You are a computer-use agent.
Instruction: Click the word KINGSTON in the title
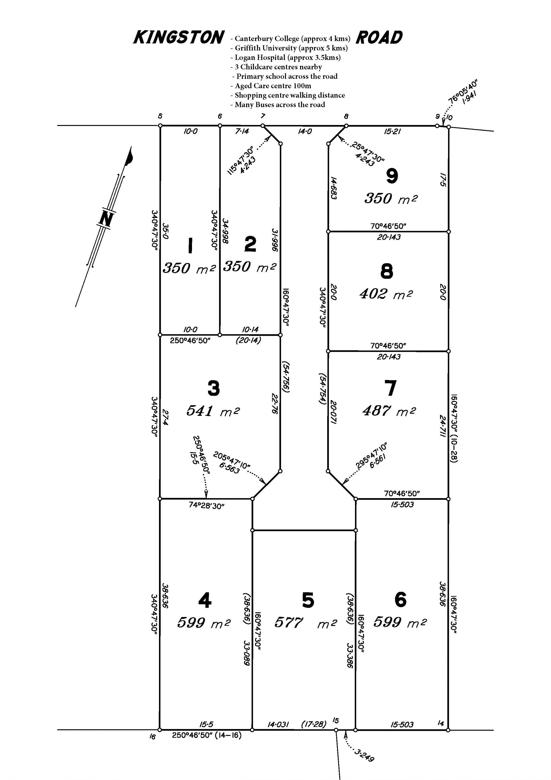pyautogui.click(x=179, y=37)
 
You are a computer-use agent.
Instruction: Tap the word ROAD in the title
pyautogui.click(x=379, y=37)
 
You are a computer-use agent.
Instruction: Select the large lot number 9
pyautogui.click(x=392, y=176)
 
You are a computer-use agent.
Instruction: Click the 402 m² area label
pyautogui.click(x=386, y=294)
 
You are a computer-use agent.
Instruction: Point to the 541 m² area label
pyautogui.click(x=213, y=411)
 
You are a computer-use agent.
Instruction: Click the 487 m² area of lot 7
pyautogui.click(x=389, y=411)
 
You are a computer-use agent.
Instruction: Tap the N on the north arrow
pyautogui.click(x=106, y=218)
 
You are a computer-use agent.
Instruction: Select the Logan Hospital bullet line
pyautogui.click(x=285, y=57)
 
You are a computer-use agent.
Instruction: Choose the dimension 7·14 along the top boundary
pyautogui.click(x=242, y=131)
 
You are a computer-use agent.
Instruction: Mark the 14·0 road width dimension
pyautogui.click(x=305, y=131)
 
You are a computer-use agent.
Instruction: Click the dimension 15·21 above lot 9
pyautogui.click(x=392, y=131)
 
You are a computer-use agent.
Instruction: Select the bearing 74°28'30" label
pyautogui.click(x=206, y=506)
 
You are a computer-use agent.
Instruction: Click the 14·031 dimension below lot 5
pyautogui.click(x=278, y=725)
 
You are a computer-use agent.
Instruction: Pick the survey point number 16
pyautogui.click(x=152, y=737)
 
